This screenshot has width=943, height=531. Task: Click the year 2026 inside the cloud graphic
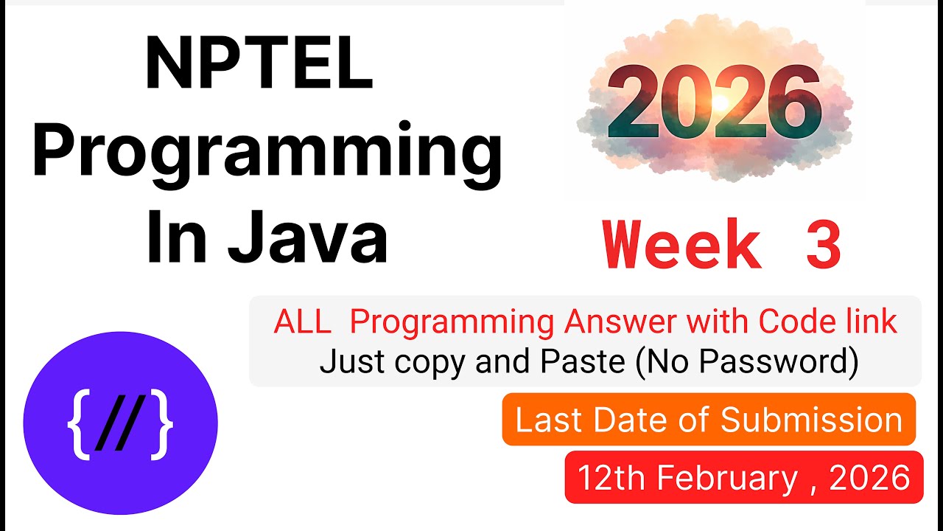713,106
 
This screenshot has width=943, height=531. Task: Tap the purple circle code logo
121,428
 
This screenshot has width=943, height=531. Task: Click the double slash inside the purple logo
120,428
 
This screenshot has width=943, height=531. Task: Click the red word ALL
303,322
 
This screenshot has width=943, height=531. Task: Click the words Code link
828,322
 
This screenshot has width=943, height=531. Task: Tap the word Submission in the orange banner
811,420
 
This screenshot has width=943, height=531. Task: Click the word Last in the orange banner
546,420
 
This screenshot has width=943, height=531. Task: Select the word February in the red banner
726,478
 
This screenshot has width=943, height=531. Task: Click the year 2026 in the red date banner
869,478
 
